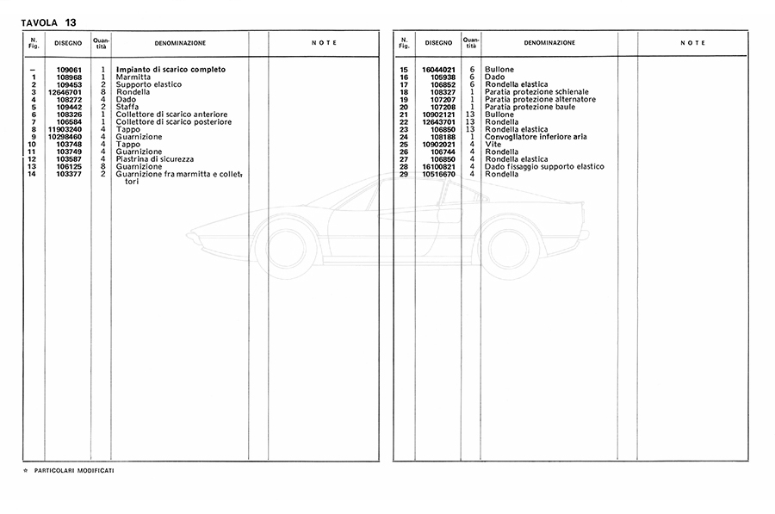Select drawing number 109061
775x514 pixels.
coord(69,69)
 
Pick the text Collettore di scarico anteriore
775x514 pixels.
coord(172,115)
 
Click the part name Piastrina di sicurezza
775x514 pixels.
coord(155,159)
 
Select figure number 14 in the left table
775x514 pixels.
coord(32,174)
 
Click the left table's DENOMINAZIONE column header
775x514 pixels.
coord(180,42)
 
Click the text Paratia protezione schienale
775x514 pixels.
coord(537,92)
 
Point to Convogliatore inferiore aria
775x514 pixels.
coord(536,137)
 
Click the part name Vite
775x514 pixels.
coord(492,144)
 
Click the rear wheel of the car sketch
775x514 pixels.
coord(507,247)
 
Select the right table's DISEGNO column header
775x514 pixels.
coord(438,42)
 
